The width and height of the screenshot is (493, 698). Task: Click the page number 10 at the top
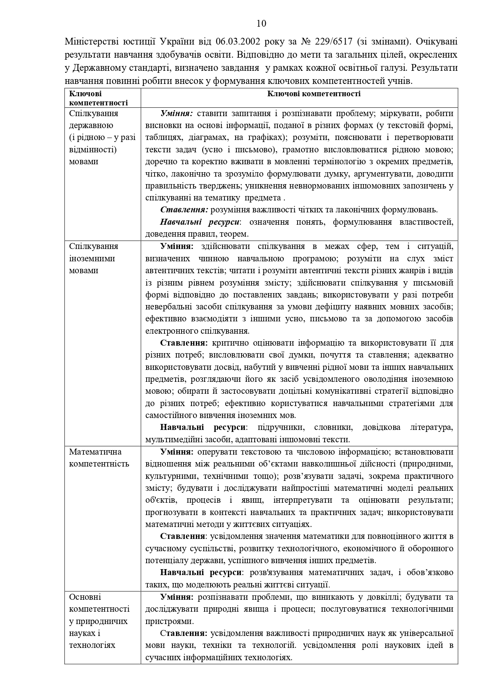click(261, 23)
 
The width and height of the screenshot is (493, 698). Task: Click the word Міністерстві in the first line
click(88, 41)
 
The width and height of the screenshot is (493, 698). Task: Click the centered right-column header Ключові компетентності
click(314, 94)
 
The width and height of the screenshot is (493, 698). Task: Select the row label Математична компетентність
click(99, 458)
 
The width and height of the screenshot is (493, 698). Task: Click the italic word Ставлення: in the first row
click(184, 210)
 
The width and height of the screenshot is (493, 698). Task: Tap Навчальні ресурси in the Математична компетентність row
click(201, 573)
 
